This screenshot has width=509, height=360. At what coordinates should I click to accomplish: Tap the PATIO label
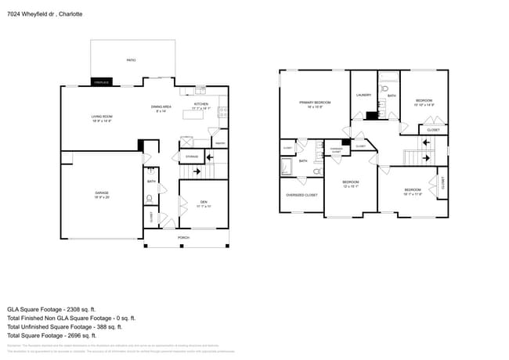pyautogui.click(x=132, y=59)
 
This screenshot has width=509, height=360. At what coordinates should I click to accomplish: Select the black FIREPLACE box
pyautogui.click(x=101, y=81)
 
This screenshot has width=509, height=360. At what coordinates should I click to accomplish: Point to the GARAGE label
pyautogui.click(x=101, y=194)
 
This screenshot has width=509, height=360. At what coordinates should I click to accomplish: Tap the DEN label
pyautogui.click(x=202, y=203)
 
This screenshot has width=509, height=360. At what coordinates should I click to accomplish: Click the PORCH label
pyautogui.click(x=183, y=237)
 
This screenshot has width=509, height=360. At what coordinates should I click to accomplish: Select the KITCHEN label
pyautogui.click(x=200, y=105)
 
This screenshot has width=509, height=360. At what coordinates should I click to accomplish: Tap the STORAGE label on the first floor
pyautogui.click(x=192, y=157)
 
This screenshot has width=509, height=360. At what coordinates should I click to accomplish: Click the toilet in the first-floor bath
pyautogui.click(x=151, y=199)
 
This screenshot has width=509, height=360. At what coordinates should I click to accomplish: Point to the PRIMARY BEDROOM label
pyautogui.click(x=315, y=104)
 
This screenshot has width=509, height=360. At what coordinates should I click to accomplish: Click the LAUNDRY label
pyautogui.click(x=363, y=95)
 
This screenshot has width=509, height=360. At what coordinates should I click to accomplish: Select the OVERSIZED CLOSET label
pyautogui.click(x=301, y=195)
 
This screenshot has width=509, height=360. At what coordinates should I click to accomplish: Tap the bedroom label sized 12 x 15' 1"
pyautogui.click(x=350, y=184)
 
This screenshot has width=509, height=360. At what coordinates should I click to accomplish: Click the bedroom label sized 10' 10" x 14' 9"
pyautogui.click(x=424, y=102)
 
